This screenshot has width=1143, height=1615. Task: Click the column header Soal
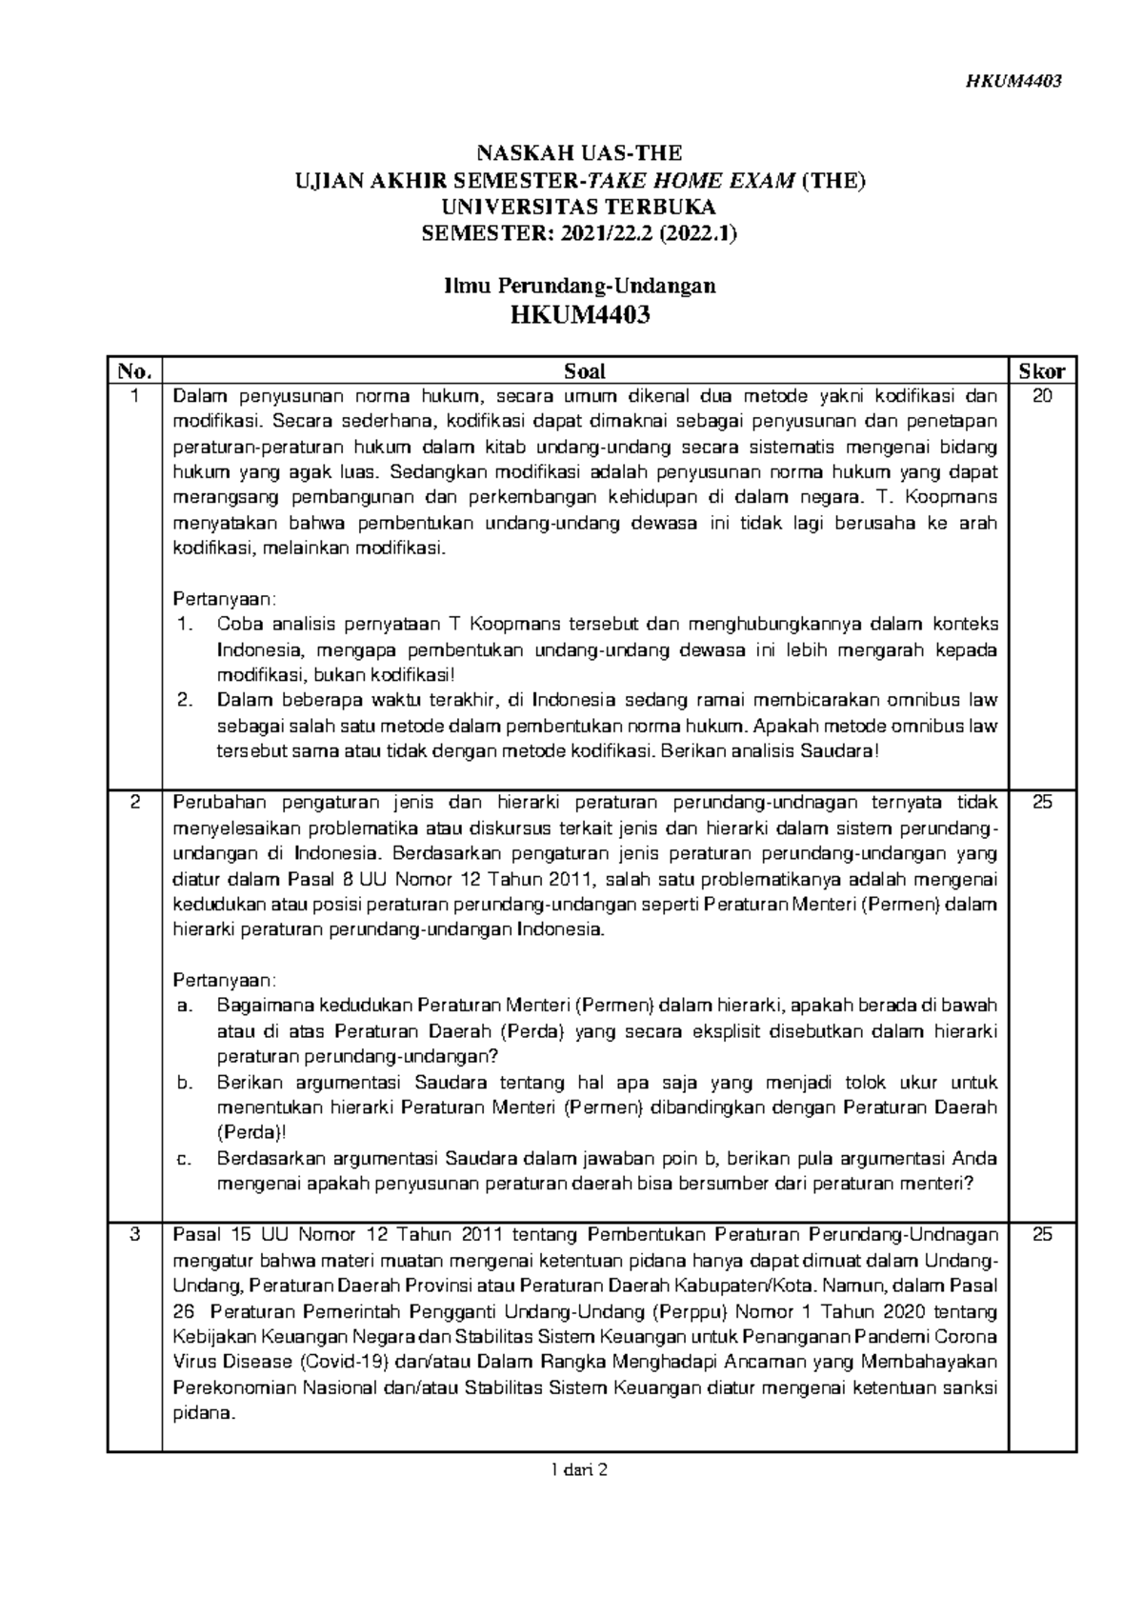[x=585, y=371]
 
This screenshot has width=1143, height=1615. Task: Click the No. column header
[x=135, y=371]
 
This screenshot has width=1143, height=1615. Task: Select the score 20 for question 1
[x=1042, y=397]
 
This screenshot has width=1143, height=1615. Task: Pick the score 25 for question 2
[x=1042, y=803]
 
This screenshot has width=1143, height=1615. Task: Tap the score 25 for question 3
[x=1042, y=1236]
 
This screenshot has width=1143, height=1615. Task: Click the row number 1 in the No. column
[x=135, y=397]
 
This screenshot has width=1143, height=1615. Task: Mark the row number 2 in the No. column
[x=135, y=803]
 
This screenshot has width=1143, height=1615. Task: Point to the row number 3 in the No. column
[x=135, y=1236]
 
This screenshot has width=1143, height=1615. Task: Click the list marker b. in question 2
[x=185, y=1083]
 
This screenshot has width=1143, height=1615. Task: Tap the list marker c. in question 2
[x=185, y=1159]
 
